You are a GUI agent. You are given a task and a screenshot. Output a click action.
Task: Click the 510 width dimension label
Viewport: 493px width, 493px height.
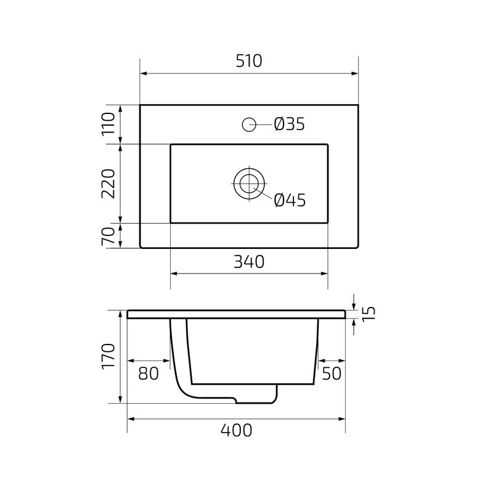249,61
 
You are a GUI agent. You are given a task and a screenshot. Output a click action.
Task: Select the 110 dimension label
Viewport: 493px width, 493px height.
108,124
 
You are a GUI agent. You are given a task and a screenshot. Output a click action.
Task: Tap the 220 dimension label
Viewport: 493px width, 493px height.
108,183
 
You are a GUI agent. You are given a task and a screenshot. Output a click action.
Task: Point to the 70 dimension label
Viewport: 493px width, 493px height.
108,237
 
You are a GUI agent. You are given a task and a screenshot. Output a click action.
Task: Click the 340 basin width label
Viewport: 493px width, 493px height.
249,262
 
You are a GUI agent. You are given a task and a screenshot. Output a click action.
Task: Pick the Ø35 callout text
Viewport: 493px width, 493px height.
289,124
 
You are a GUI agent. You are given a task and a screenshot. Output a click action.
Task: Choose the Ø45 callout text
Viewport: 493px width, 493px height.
289,200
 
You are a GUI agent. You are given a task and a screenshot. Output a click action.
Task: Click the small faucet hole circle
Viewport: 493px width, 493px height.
249,124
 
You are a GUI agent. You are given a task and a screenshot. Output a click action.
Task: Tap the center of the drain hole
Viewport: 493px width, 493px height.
249,183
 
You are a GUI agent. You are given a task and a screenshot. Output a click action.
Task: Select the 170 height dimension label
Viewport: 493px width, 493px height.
108,357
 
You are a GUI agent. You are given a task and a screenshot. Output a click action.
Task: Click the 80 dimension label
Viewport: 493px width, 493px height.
148,373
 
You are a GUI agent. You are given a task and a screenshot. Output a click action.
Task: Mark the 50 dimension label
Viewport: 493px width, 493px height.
331,373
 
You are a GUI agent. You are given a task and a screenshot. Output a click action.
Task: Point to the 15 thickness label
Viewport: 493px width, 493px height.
368,314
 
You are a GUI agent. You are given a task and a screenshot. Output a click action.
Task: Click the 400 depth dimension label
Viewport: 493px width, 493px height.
236,430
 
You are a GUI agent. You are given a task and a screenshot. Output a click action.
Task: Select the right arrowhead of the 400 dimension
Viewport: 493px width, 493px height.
341,418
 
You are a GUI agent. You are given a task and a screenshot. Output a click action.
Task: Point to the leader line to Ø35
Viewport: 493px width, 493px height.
264,124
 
